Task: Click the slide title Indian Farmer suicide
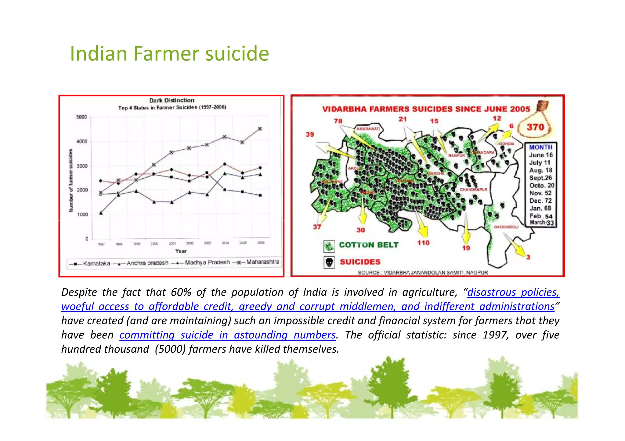point(169,54)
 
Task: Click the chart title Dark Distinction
point(172,100)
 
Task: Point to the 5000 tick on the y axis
point(81,117)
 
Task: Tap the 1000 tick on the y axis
point(82,215)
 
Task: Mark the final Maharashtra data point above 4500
point(260,129)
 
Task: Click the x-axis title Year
point(181,251)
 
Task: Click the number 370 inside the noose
point(535,127)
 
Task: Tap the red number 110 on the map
point(423,243)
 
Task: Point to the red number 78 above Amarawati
point(338,121)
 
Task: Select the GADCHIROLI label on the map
point(506,227)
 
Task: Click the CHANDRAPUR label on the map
point(473,190)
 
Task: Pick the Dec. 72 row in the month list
point(540,201)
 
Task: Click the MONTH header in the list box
point(540,147)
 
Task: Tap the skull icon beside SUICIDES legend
point(329,262)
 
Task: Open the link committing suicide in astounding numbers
point(227,335)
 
